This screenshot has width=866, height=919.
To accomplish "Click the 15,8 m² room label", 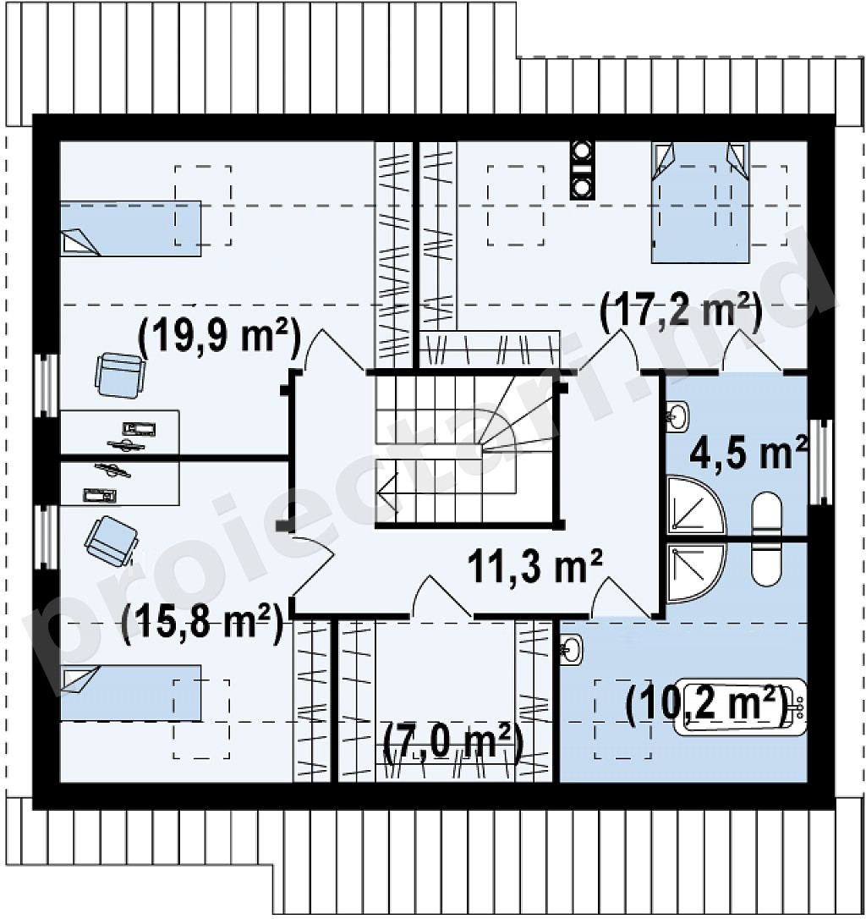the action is tap(202, 623).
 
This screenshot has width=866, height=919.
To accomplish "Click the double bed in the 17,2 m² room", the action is tap(701, 202).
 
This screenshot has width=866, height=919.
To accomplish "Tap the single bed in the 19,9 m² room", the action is tap(131, 228).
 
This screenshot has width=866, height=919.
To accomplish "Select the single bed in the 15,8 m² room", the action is tap(131, 693).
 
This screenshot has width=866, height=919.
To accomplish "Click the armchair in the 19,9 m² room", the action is tap(119, 375).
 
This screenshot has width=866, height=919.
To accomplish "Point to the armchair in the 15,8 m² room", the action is tap(112, 542).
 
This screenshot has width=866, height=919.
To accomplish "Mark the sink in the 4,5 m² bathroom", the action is tap(678, 416).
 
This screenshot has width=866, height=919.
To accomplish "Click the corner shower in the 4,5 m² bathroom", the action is tap(695, 504).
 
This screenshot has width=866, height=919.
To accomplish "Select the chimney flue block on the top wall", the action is tap(583, 171).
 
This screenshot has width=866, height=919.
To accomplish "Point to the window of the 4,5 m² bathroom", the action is tap(819, 462).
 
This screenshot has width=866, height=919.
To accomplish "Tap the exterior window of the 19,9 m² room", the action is tap(46, 386).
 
